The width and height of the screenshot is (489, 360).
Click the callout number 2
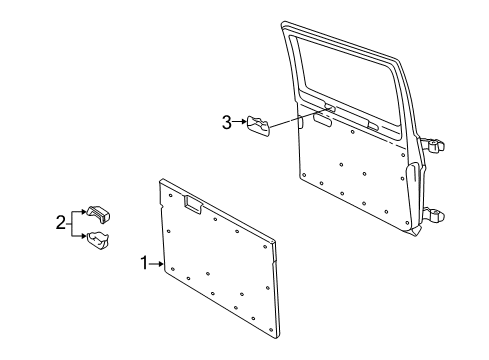[61, 222]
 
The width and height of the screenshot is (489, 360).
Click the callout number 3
[227, 123]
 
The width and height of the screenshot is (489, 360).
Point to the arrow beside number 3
[240, 123]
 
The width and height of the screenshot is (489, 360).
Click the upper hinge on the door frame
[432, 145]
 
